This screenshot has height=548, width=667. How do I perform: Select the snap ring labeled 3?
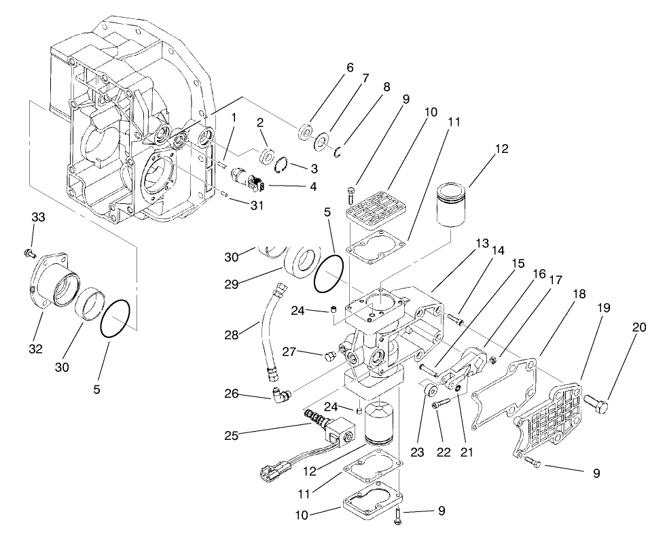point(286,162)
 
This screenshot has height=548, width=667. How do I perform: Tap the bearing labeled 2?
point(268,152)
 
